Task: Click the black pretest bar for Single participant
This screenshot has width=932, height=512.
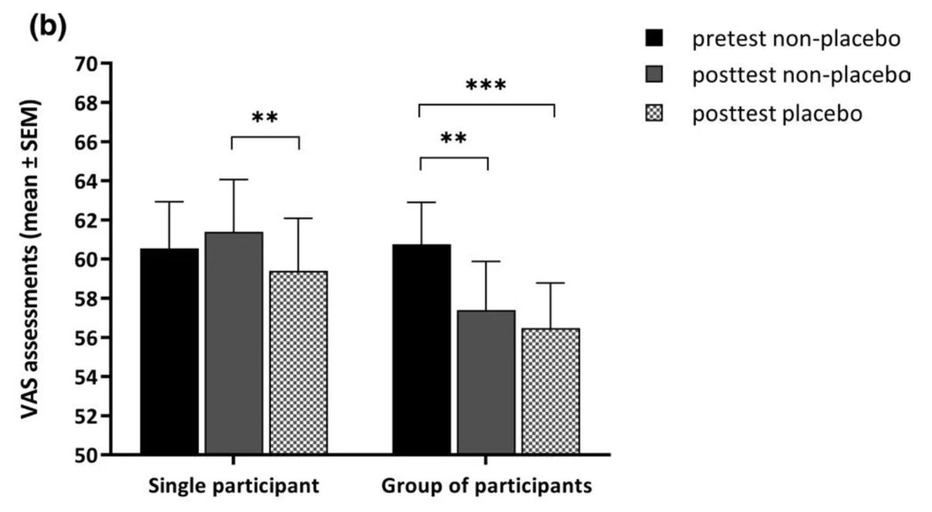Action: coord(169,351)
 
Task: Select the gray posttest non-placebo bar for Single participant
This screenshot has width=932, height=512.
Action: coord(234,343)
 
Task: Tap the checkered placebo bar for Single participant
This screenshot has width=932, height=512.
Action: coord(298,362)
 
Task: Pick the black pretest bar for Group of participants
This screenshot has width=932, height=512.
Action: coord(422,349)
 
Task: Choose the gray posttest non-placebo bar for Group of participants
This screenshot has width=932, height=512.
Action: coord(486,382)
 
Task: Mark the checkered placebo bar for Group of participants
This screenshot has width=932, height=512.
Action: coord(551,391)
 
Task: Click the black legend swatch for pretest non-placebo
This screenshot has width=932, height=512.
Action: coord(654,38)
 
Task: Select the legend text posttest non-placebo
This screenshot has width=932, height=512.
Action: coord(802,76)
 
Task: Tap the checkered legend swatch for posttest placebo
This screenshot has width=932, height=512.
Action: coord(654,112)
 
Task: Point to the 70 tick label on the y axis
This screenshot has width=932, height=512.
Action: coord(85,64)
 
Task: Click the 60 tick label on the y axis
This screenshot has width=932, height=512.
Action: coord(85,260)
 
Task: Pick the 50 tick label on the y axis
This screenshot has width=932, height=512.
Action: coord(85,455)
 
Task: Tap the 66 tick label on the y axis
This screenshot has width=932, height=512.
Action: coord(85,142)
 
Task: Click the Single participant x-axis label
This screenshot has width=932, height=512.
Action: coord(234,486)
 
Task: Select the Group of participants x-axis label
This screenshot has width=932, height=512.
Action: coord(486,486)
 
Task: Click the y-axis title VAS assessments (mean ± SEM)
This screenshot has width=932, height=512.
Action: coord(30,259)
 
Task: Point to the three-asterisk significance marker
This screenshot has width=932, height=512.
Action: coord(486,85)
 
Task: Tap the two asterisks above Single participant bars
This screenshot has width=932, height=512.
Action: coord(265,118)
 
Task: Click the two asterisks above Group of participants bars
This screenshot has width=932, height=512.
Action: coord(454,138)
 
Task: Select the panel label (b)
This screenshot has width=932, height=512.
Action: coord(48,26)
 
